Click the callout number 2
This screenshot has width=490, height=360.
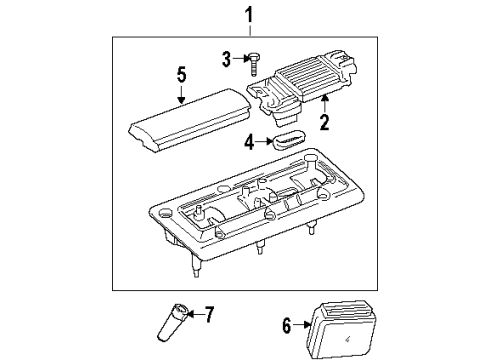(324, 124)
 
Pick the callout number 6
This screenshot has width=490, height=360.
(286, 325)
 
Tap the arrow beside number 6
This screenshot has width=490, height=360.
(299, 325)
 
